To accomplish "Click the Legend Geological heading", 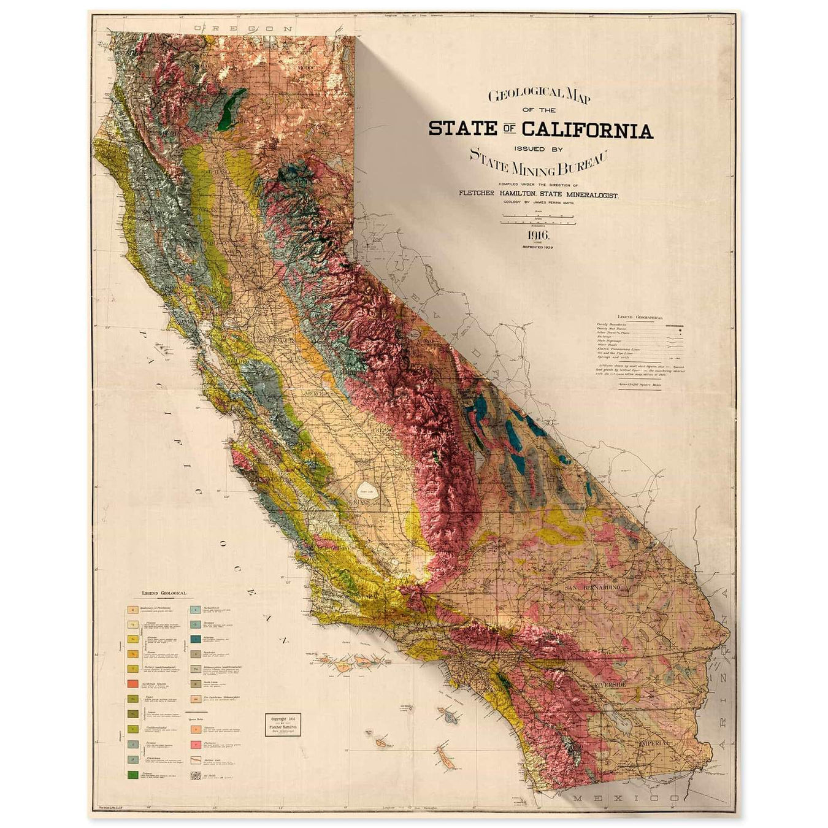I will click(164, 594).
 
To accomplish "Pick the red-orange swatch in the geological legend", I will click(132, 683).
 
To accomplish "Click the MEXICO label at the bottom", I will click(625, 798).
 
